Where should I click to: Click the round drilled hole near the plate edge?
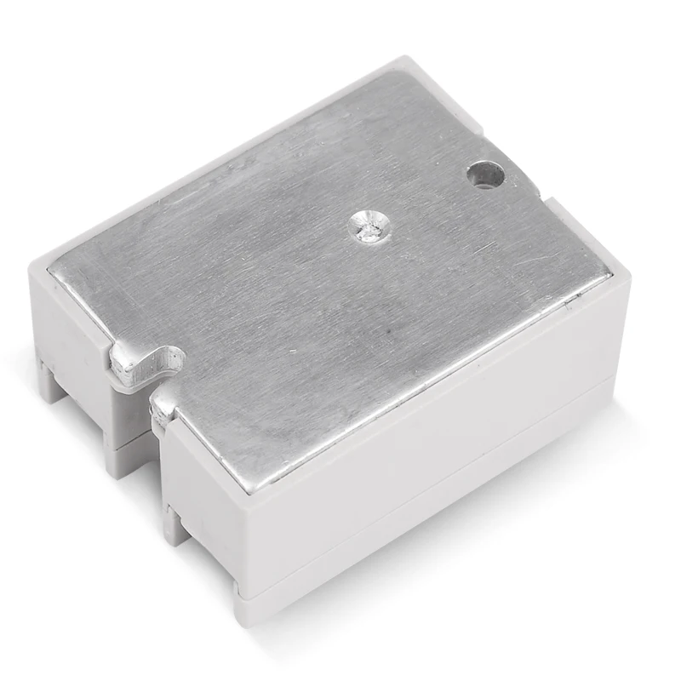tap(486, 175)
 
